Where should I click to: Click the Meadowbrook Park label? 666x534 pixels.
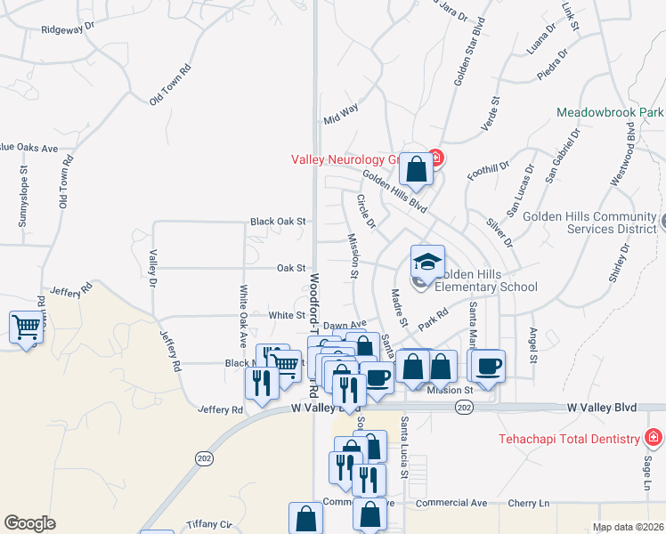click(x=610, y=113)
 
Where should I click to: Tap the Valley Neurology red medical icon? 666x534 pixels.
click(x=435, y=159)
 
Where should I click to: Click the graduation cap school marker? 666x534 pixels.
click(x=427, y=262)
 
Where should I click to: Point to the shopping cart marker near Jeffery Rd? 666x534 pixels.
click(x=26, y=328)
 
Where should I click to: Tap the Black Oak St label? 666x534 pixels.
click(x=278, y=221)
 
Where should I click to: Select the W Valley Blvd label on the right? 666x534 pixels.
click(x=602, y=407)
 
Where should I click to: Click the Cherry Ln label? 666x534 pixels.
click(x=528, y=503)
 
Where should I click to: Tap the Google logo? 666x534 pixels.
click(x=29, y=523)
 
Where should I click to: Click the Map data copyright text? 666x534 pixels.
click(x=629, y=527)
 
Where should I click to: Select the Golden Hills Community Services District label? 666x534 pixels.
click(x=589, y=222)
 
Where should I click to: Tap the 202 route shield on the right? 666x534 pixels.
click(x=463, y=407)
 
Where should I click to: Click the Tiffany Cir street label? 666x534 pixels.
click(x=209, y=524)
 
